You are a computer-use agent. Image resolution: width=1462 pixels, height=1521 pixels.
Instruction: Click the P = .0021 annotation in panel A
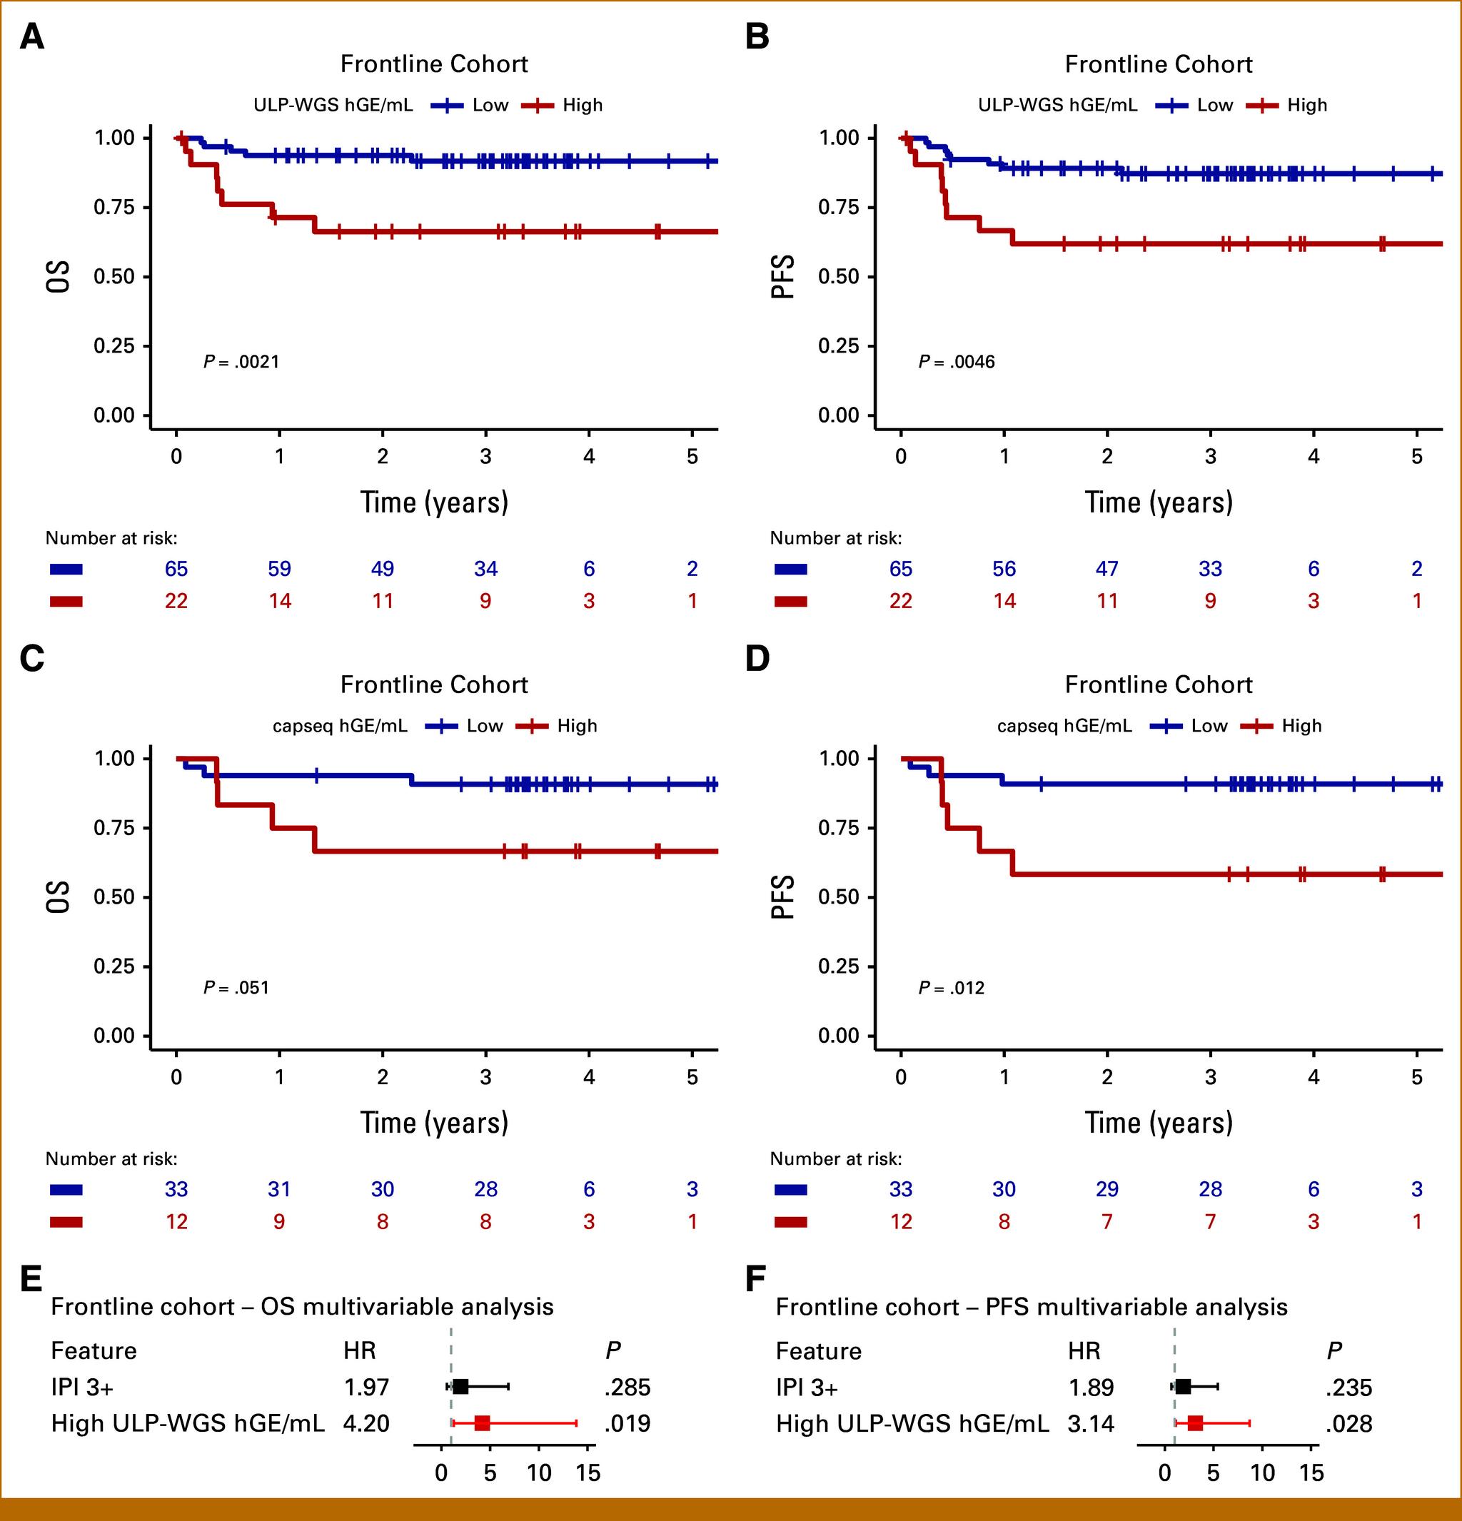coord(241,362)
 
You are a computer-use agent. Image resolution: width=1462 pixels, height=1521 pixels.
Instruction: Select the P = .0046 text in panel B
coord(956,362)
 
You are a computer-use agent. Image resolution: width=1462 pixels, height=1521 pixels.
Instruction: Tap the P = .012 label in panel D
coord(952,988)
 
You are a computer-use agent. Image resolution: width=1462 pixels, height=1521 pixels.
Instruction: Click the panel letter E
coord(31,1278)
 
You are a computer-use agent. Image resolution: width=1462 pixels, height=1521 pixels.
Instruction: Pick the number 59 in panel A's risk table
coord(279,569)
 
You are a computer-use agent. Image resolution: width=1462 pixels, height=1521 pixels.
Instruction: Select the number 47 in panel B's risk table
coord(1106,569)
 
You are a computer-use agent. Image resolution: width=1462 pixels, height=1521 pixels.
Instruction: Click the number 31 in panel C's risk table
coord(279,1189)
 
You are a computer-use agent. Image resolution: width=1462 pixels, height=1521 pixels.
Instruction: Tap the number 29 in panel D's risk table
coord(1106,1189)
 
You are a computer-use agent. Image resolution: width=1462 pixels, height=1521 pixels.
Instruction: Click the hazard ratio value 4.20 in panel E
coord(366,1423)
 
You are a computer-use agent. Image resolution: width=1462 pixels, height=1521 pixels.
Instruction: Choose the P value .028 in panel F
coord(1348,1424)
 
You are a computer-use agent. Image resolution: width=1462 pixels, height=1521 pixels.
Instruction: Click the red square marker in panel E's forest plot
coord(482,1423)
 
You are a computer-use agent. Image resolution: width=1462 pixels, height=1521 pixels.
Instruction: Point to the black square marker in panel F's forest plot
coord(1183,1387)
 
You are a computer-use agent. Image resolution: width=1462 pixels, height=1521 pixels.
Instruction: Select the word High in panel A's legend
coord(583,105)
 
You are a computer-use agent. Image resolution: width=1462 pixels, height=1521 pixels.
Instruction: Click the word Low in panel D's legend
coord(1209,726)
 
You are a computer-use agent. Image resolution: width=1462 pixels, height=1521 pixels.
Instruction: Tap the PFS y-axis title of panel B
coord(783,276)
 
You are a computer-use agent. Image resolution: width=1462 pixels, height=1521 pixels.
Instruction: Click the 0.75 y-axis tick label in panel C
coord(114,827)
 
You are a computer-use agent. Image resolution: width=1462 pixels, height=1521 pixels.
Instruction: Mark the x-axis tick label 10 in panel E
coord(539,1473)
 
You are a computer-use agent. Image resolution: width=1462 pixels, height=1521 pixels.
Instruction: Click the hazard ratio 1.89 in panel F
coord(1091,1388)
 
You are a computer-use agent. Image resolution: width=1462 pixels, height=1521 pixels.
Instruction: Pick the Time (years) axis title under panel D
coord(1159,1123)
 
